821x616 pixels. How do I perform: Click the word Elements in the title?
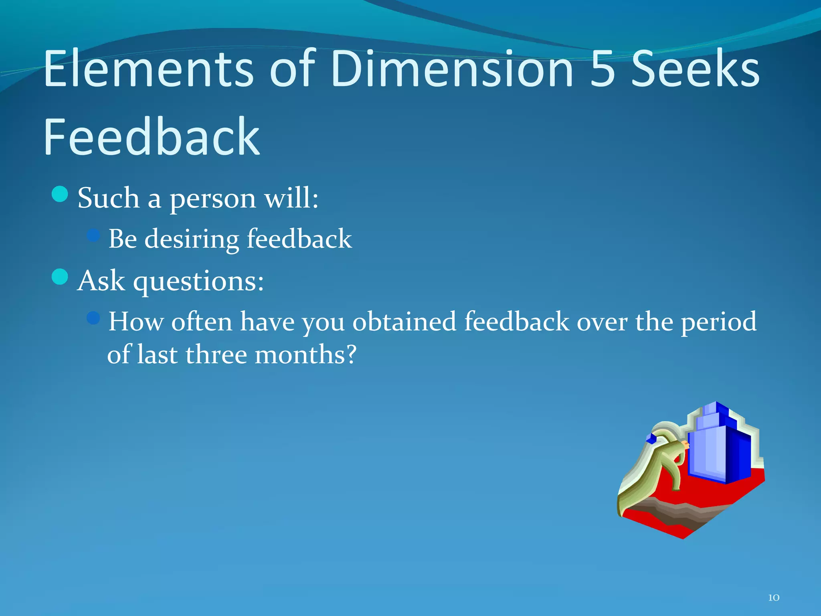coord(148,69)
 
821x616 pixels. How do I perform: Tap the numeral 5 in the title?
coord(603,69)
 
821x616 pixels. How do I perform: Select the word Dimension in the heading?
coord(452,69)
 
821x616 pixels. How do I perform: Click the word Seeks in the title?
coord(696,69)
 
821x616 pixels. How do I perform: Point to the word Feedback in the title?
coord(152,137)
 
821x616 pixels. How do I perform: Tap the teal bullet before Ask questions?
coord(60,277)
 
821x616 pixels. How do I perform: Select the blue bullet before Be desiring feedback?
coord(93,235)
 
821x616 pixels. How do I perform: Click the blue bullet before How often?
coord(93,318)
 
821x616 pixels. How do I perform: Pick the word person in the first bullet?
coord(212,199)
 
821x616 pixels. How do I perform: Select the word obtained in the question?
coord(404,322)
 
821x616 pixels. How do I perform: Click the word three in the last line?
coord(216,355)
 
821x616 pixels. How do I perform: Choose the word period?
coord(719,322)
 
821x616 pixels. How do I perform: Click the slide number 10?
coord(773,598)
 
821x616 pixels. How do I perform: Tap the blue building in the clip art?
coord(718,449)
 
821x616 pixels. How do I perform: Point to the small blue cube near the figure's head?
coord(651,439)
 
